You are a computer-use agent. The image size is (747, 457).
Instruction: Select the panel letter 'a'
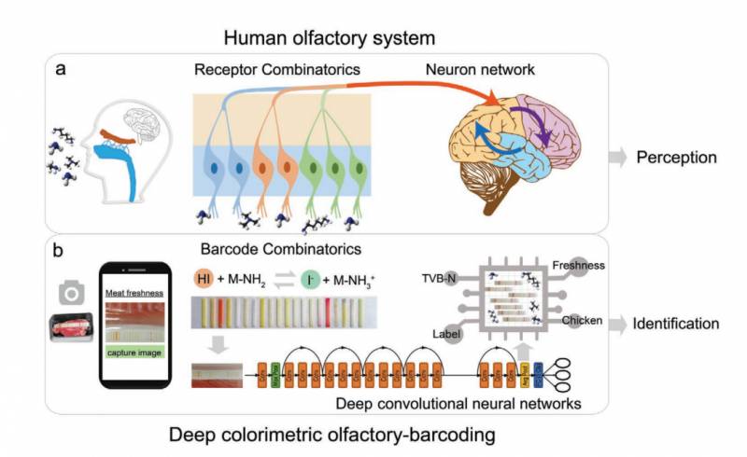click(65, 72)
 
